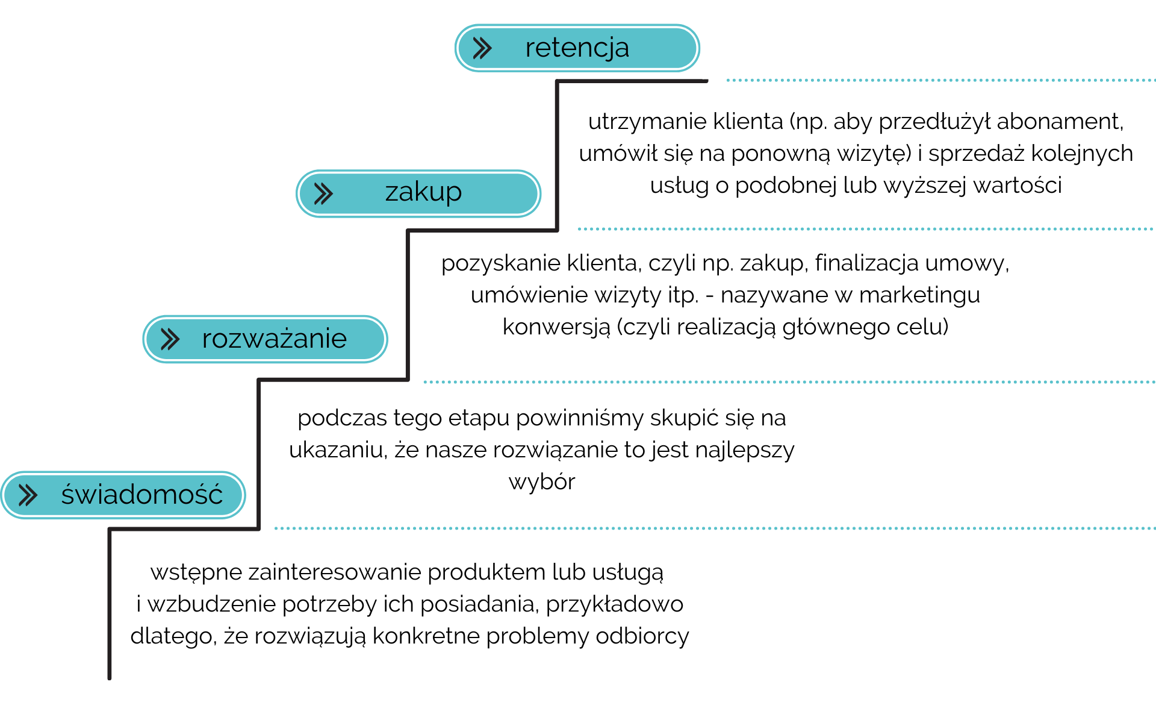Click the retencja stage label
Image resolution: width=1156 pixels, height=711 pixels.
[x=577, y=48]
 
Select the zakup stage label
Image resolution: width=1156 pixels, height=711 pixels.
[x=423, y=193]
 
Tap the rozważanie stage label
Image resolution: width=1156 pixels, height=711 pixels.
[x=274, y=339]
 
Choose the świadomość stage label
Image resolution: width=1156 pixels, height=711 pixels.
[x=141, y=495]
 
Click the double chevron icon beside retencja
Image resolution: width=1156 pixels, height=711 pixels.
[x=482, y=48]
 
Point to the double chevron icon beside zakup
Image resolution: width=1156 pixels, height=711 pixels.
[x=323, y=193]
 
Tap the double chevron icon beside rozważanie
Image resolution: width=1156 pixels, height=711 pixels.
[x=170, y=339]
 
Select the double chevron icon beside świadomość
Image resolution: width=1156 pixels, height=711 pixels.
[x=28, y=495]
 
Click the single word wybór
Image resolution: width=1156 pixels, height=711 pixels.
[x=542, y=482]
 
